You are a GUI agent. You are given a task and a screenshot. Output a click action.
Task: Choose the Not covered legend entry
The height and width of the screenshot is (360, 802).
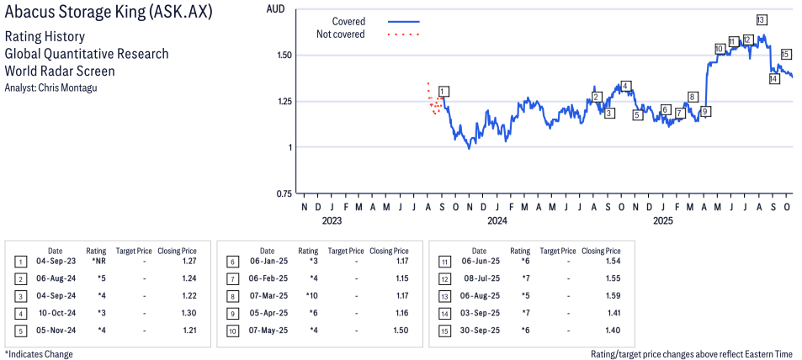click(340, 34)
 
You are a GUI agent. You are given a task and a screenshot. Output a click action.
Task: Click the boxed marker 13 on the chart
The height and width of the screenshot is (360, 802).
click(761, 19)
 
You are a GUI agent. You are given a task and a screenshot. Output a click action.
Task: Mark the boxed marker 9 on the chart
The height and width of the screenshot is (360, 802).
click(705, 111)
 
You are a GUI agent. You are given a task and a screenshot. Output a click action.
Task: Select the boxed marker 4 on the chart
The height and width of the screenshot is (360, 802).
click(625, 86)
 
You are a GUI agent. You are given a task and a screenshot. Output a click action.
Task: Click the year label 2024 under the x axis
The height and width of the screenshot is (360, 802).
click(497, 221)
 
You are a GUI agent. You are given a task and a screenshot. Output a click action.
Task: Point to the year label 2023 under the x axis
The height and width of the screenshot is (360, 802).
click(332, 221)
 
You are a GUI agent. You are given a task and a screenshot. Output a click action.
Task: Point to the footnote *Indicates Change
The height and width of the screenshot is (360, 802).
click(39, 354)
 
